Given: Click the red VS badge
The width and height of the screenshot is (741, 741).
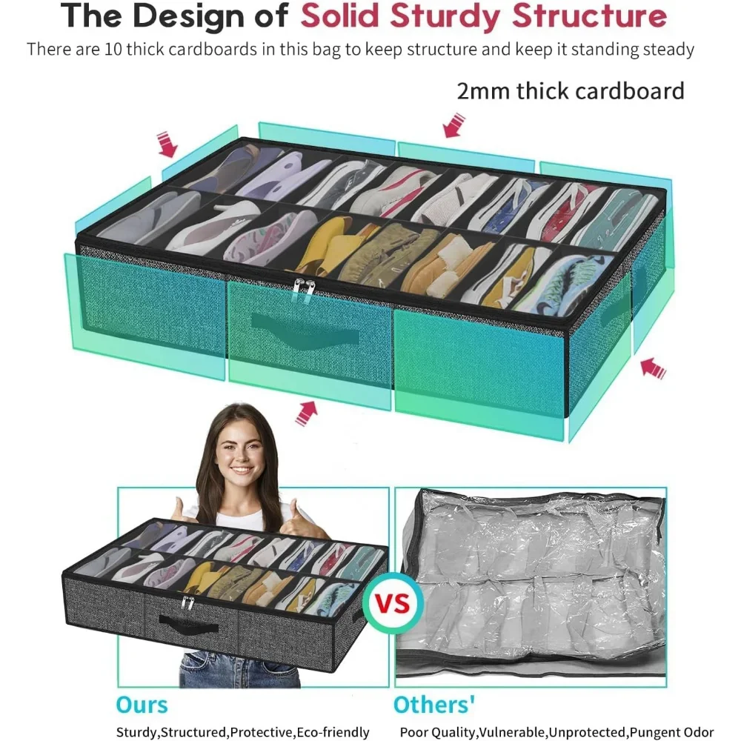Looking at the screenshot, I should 393,602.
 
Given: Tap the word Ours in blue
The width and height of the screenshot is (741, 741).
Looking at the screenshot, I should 142,704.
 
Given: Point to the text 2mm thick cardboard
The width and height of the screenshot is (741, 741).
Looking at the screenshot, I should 570,91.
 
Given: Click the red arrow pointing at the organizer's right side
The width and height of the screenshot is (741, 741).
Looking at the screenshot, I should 653,368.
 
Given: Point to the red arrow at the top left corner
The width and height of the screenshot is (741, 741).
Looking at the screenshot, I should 167,144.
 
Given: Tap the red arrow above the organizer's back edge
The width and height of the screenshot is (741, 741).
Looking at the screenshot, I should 453,124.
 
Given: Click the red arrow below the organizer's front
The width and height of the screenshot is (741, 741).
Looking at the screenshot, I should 306,412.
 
